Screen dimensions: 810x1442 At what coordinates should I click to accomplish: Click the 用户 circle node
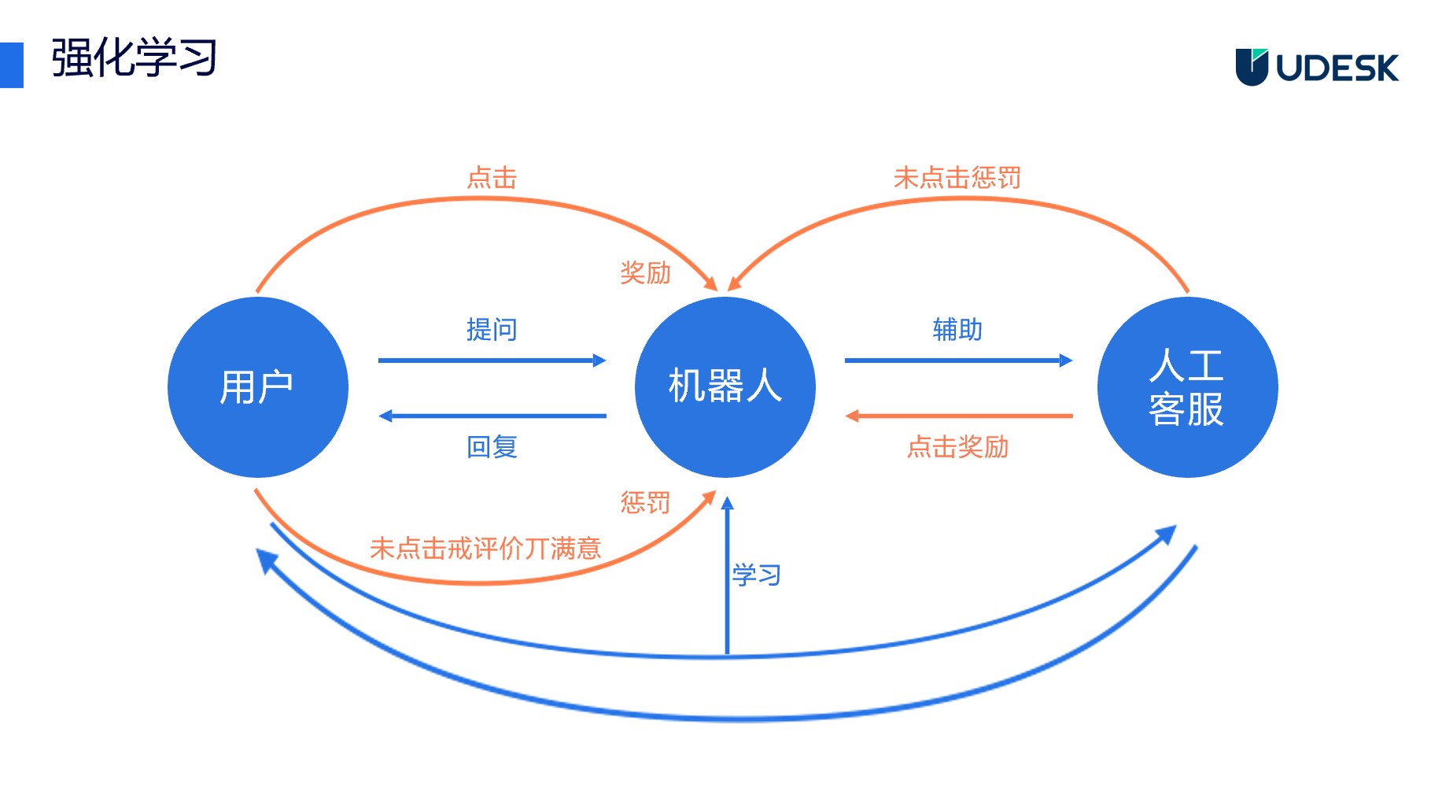click(258, 387)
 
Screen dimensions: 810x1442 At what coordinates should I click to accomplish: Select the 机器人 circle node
click(725, 387)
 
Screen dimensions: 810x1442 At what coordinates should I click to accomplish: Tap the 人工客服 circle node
click(1187, 387)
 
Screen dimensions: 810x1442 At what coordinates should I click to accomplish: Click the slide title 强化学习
click(135, 58)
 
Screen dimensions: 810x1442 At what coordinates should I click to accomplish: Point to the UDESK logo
click(1317, 68)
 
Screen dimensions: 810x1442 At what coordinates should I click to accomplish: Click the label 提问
click(492, 329)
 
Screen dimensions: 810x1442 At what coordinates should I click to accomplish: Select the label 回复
click(492, 447)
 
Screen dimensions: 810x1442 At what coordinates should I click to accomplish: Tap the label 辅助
click(957, 329)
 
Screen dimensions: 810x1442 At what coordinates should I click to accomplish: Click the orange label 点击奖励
click(957, 447)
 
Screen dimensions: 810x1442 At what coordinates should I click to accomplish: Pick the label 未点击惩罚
click(957, 178)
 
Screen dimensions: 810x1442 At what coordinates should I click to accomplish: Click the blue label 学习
click(756, 575)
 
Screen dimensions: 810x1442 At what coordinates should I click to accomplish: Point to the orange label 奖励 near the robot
click(645, 273)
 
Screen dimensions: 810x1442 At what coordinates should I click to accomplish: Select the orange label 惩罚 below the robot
click(645, 502)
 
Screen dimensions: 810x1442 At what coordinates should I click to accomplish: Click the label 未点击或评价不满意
click(485, 548)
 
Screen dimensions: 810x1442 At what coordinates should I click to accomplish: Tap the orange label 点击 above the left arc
click(492, 178)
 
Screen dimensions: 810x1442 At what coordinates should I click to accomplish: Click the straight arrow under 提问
click(492, 361)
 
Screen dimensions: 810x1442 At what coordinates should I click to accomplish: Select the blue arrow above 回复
click(492, 416)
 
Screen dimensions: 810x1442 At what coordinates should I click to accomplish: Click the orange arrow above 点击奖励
click(957, 416)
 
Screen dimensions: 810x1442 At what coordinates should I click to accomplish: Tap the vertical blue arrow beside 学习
click(727, 575)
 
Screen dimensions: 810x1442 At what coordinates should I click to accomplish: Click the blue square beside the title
click(11, 65)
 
